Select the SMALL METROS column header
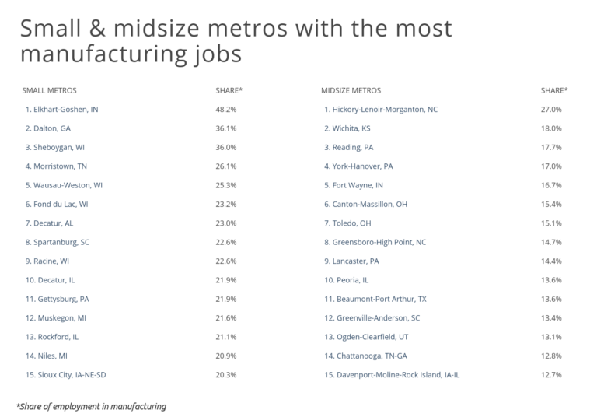point(49,90)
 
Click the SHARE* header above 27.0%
point(553,90)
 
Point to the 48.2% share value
point(226,110)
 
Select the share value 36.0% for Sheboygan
point(226,147)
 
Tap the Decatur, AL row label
point(50,223)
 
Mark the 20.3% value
point(226,374)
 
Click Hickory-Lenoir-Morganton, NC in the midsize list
point(381,110)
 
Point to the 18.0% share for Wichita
point(551,128)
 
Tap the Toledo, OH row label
point(349,223)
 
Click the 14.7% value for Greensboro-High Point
point(551,242)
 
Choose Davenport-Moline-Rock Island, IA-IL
point(393,374)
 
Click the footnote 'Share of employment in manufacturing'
point(91,406)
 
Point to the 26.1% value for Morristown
point(226,166)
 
